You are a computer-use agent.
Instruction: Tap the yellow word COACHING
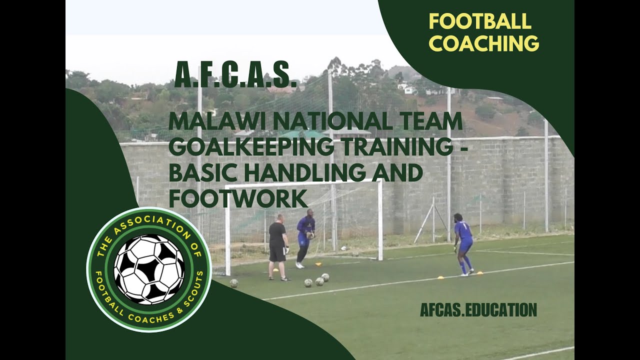(483, 43)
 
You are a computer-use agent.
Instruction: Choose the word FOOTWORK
(237, 198)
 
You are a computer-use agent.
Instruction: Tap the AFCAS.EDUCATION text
(478, 309)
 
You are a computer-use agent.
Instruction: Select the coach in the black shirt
(277, 246)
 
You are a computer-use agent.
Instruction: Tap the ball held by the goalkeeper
(310, 234)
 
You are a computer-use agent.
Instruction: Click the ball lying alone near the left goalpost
(233, 283)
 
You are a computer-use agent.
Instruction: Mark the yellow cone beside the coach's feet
(275, 270)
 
